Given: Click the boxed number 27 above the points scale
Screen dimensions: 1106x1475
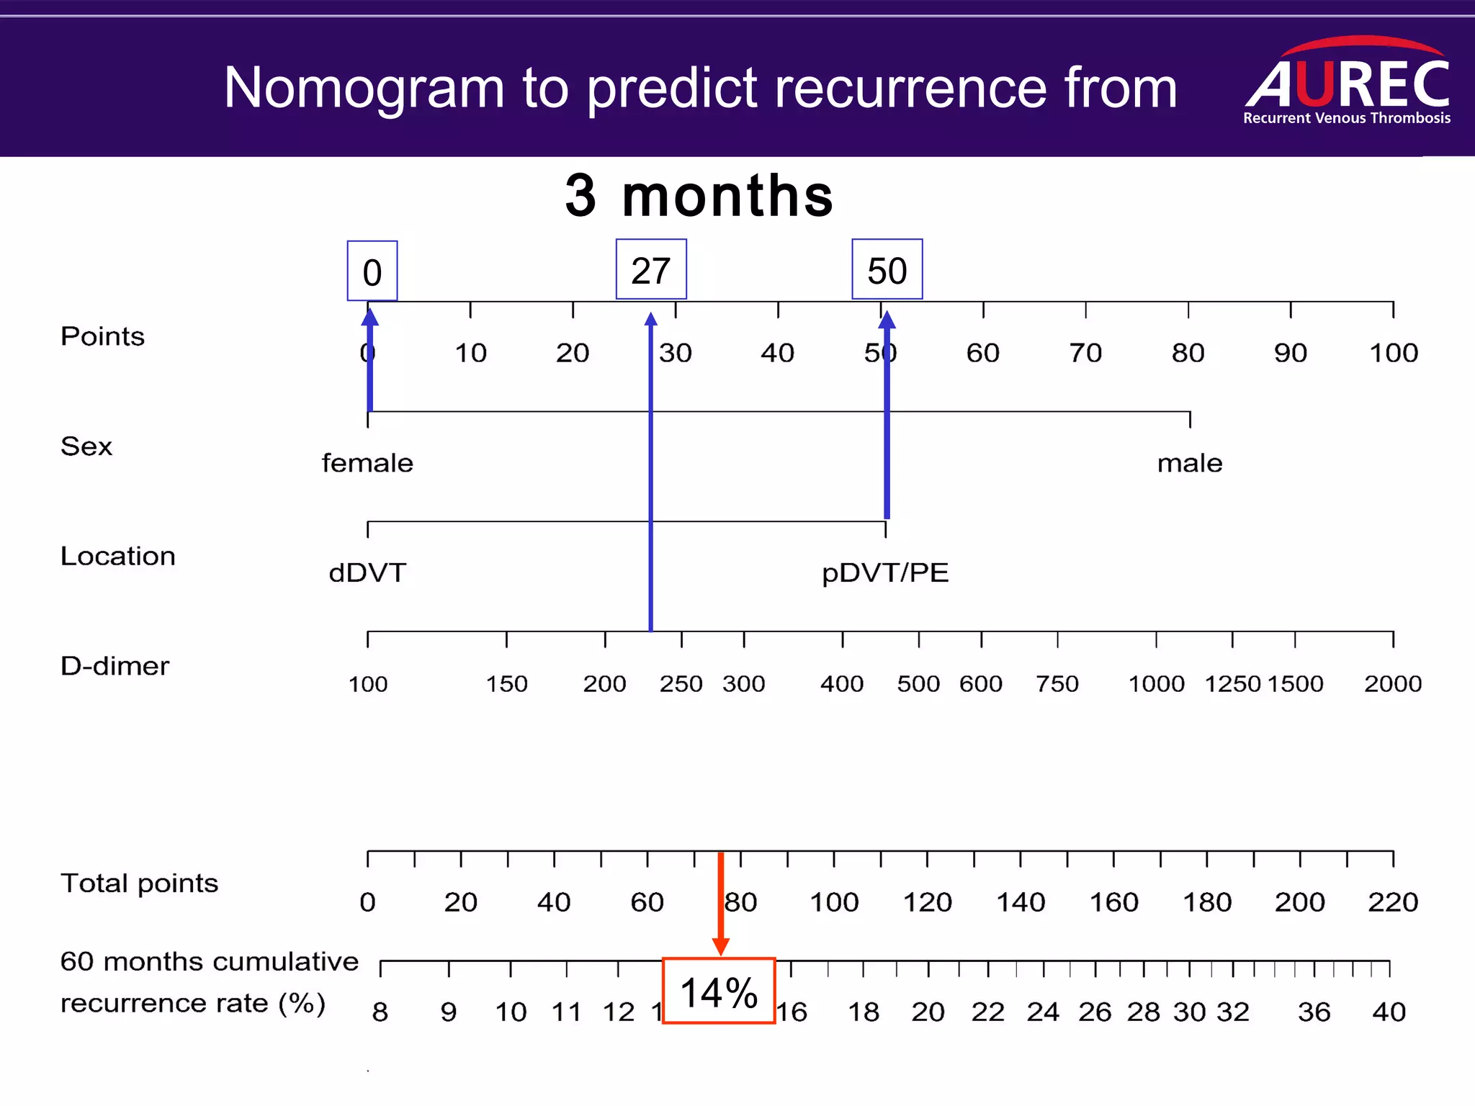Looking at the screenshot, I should (651, 270).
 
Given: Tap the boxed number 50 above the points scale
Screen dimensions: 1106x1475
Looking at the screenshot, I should (887, 270).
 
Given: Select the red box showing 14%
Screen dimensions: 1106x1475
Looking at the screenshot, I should (718, 991).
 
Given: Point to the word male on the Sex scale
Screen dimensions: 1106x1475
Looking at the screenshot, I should (1189, 463).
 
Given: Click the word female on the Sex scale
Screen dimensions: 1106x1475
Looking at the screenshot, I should (367, 463).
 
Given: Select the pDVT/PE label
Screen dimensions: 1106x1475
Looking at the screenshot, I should (885, 573).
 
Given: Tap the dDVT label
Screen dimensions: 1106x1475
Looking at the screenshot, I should (367, 573).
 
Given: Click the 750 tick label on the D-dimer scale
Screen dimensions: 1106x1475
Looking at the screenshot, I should (1057, 683).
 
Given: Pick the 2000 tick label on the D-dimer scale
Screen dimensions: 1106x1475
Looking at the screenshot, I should (1392, 683).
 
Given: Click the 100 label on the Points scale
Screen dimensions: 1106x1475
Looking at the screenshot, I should (1393, 353).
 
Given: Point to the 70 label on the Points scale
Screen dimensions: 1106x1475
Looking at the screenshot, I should (1085, 353).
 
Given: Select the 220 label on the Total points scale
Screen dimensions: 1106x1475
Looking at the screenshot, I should (1392, 902).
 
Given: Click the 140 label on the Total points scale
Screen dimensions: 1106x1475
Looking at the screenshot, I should (1020, 902).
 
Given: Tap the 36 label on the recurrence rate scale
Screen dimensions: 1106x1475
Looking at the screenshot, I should (1314, 1012).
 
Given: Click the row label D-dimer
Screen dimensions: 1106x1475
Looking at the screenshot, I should (115, 666).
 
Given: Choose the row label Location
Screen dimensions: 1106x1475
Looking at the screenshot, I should (117, 556).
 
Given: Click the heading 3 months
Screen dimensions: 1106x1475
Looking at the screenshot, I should (699, 196).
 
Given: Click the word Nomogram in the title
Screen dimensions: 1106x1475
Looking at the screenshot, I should (364, 88).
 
